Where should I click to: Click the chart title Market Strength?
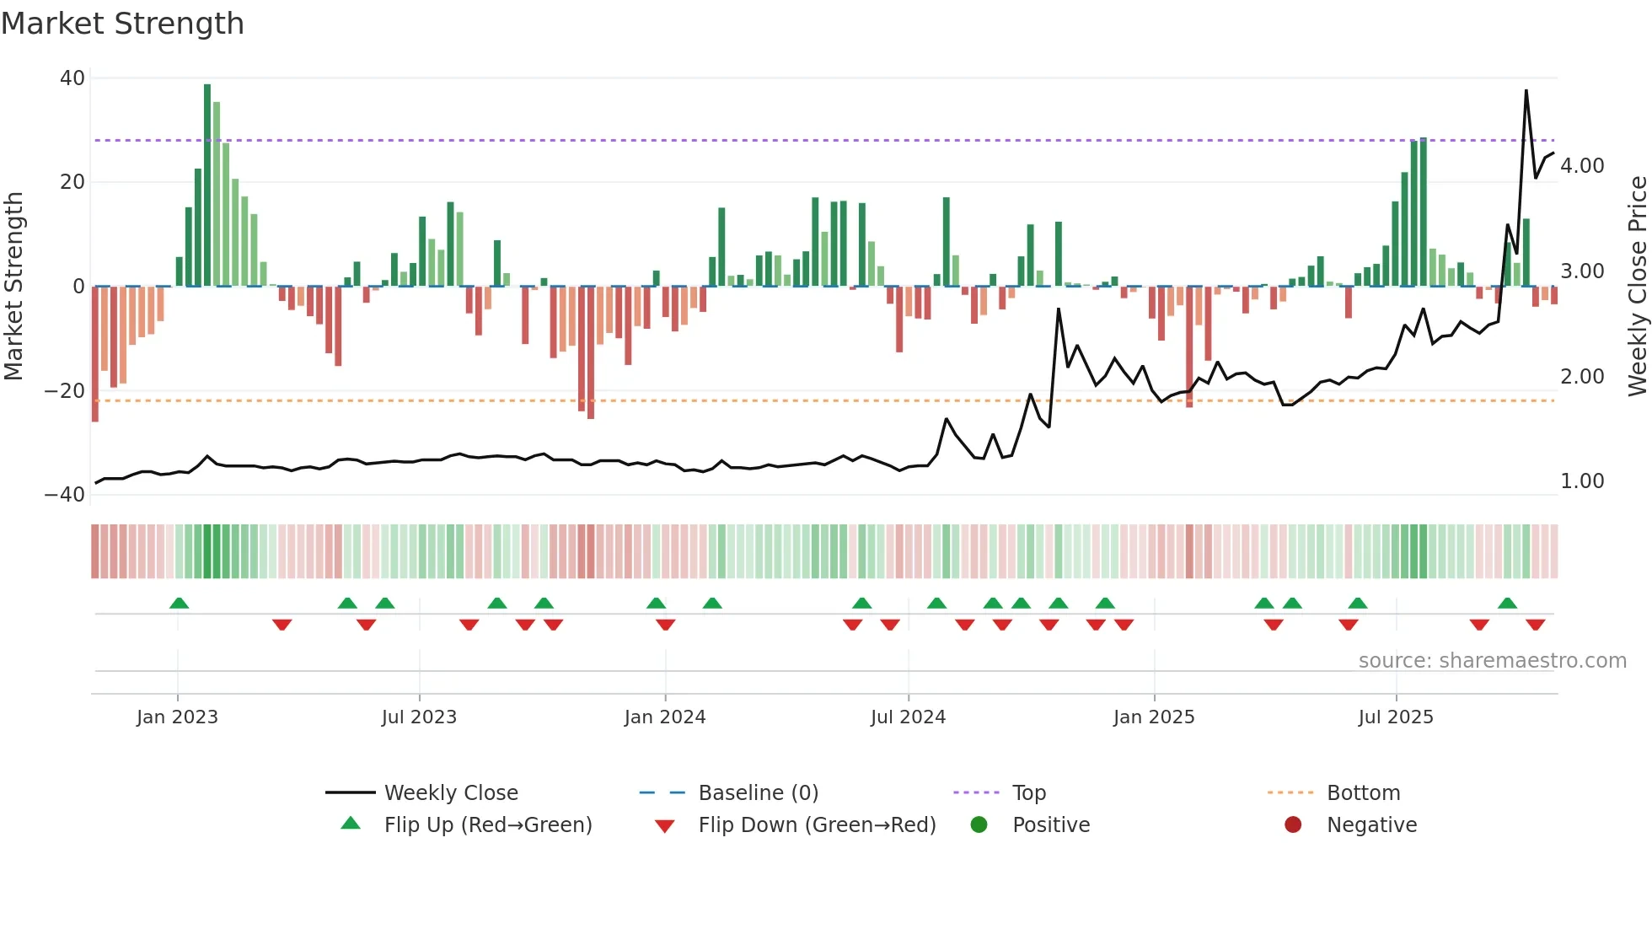[x=122, y=24]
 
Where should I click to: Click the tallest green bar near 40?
[x=207, y=185]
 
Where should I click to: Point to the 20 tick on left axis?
[x=72, y=182]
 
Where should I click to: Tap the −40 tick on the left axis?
[x=65, y=495]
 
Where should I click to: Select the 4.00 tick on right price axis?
[x=1581, y=166]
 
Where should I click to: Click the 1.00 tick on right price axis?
[x=1581, y=481]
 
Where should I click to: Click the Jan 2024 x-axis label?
[x=665, y=717]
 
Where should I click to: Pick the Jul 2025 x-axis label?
[x=1396, y=717]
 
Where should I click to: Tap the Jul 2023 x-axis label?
[x=419, y=717]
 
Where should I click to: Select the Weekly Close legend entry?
[x=451, y=793]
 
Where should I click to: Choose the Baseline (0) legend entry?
[x=758, y=793]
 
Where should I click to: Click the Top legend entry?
[x=1028, y=793]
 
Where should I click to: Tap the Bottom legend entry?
[x=1363, y=793]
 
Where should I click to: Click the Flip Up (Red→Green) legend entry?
[x=487, y=825]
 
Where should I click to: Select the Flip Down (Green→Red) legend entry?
[x=817, y=825]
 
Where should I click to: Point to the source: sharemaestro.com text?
[x=1492, y=661]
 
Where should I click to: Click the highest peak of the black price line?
[x=1526, y=91]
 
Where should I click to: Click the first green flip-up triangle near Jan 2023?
[x=179, y=603]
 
